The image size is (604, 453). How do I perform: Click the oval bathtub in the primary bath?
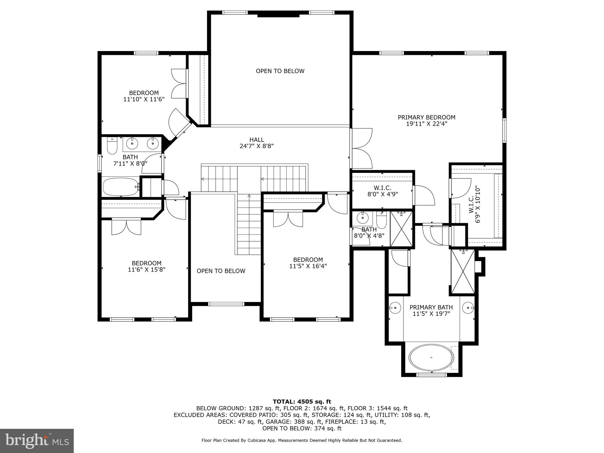tap(431, 357)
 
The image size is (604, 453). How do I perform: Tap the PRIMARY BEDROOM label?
tap(426, 117)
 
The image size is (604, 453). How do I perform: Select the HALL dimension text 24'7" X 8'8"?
tap(257, 146)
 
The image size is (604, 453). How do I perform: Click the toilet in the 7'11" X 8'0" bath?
tap(112, 146)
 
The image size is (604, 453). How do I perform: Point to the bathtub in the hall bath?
tap(121, 187)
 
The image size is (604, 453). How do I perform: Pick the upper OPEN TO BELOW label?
tap(280, 71)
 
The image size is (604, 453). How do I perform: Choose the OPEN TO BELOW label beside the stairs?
tap(221, 271)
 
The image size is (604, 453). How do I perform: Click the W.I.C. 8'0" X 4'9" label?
tap(383, 191)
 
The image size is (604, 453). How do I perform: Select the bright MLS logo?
tap(37, 441)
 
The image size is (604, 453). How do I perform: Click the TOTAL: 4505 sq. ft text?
tap(302, 402)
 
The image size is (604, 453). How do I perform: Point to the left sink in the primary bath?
tap(395, 308)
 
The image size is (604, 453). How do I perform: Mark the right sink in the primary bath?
tap(468, 308)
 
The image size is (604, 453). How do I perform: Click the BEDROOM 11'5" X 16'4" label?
tap(308, 263)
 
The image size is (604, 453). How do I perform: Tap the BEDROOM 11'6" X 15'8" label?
tap(147, 266)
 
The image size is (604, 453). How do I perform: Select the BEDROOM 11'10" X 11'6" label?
tap(144, 96)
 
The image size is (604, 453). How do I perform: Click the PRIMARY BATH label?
tap(431, 307)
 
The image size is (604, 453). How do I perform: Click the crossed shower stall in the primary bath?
tap(463, 272)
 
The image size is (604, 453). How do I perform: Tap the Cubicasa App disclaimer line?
tap(302, 440)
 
